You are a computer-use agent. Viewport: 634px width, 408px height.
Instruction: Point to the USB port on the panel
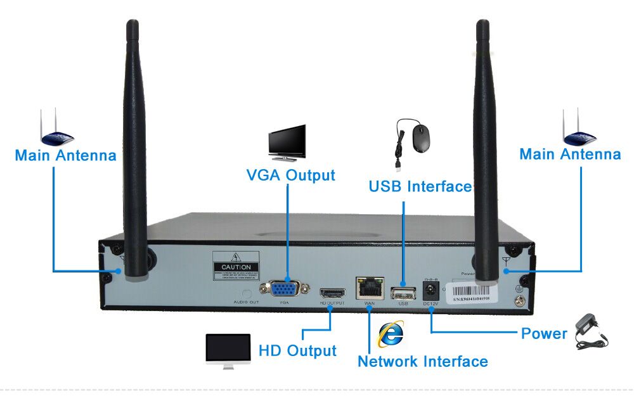click(402, 293)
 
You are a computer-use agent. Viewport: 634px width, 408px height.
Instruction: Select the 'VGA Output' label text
click(290, 175)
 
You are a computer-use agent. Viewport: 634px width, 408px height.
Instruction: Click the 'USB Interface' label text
click(420, 186)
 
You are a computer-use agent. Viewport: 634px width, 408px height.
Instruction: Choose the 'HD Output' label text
click(297, 350)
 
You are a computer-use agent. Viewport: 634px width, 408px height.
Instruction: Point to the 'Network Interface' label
click(423, 362)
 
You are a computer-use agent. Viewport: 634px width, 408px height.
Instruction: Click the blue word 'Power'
click(544, 333)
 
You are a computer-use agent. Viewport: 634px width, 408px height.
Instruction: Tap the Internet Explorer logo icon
click(391, 333)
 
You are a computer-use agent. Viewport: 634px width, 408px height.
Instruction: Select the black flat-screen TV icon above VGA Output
click(287, 143)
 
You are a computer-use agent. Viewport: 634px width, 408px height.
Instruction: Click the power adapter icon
click(591, 334)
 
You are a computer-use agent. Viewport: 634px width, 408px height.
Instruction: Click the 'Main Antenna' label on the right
click(570, 154)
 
